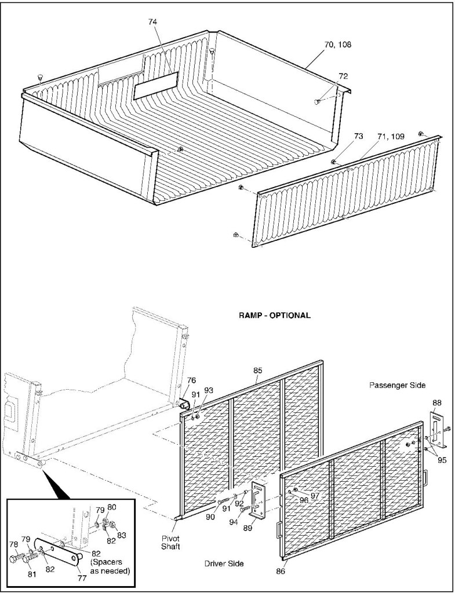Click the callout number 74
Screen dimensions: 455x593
[x=152, y=22]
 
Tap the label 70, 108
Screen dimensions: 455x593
[x=338, y=45]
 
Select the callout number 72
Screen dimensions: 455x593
[x=343, y=76]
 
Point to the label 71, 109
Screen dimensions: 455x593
[x=391, y=137]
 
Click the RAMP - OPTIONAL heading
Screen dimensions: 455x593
[x=274, y=316]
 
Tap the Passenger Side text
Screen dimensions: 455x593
[x=398, y=385]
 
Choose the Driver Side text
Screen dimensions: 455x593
[x=224, y=564]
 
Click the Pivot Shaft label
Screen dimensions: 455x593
[x=170, y=542]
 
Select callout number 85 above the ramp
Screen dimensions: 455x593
[x=257, y=371]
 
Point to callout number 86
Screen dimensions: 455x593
[x=280, y=572]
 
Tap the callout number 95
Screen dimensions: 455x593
[x=442, y=460]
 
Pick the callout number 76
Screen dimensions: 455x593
[x=192, y=380]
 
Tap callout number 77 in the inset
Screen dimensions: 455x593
[x=82, y=578]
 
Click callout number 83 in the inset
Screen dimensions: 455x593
[x=121, y=535]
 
